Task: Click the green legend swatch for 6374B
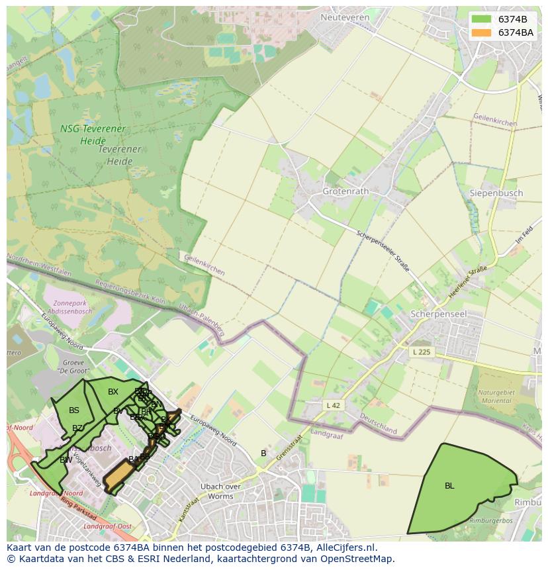point(482,19)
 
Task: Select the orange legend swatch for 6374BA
point(482,32)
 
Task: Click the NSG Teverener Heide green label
point(93,134)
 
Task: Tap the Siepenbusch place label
point(496,193)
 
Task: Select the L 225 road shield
point(421,352)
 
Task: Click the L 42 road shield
point(334,404)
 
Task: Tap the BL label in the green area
point(449,485)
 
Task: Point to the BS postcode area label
point(74,410)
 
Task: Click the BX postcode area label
point(113,392)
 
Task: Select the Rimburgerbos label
point(488,521)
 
